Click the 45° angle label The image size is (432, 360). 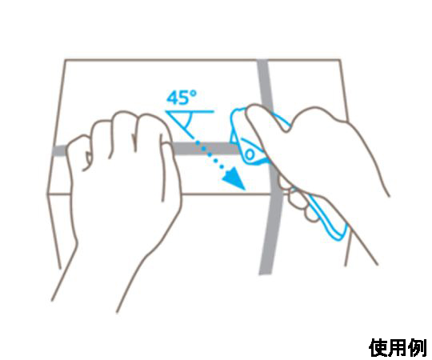coord(182,98)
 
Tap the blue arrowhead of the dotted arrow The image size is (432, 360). coord(234,179)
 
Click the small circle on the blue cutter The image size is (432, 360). coord(250,154)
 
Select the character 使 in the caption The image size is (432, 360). coord(378,348)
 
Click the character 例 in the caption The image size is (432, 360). coord(418,348)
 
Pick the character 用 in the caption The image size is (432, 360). coord(398,348)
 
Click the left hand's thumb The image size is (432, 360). coord(170,170)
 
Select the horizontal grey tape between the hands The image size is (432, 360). coord(205,149)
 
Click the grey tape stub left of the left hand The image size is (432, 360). coord(60,150)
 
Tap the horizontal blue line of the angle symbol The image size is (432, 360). coord(190,111)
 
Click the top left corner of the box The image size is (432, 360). coord(65,59)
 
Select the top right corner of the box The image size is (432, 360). coord(340,59)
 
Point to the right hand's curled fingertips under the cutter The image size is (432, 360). coord(298,198)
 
